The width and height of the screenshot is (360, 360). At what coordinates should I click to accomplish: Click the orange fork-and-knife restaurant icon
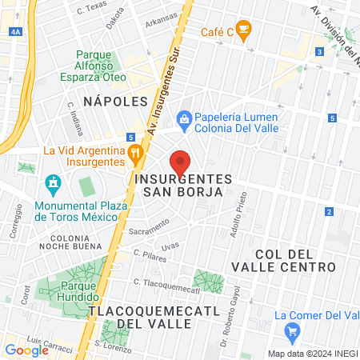(x=135, y=150)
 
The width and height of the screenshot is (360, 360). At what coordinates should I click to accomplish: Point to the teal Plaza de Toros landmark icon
(x=54, y=183)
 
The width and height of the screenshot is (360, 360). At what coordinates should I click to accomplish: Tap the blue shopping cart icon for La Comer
(x=293, y=330)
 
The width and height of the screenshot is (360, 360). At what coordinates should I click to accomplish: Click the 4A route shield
(x=17, y=32)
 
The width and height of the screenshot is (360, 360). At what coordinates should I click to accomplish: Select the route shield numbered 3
(x=319, y=52)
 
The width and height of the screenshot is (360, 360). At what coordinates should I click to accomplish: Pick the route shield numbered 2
(x=329, y=211)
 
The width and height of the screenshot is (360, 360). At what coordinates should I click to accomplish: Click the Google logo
(x=26, y=350)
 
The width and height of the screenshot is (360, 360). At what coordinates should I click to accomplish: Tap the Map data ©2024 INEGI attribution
(x=311, y=354)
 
